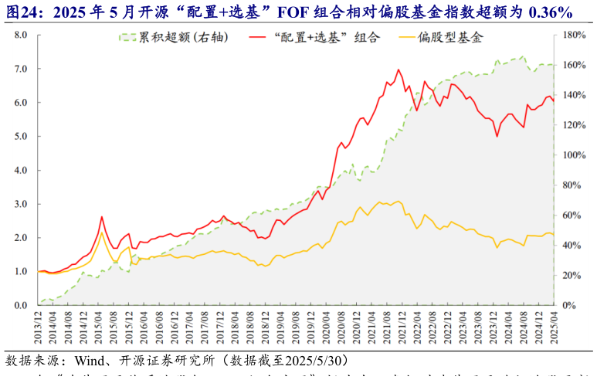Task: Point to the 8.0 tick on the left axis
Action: tap(21, 35)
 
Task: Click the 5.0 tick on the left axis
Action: tap(21, 136)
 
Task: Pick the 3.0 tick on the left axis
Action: tap(21, 204)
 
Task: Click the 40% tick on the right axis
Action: tap(572, 245)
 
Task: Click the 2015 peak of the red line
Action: tap(101, 217)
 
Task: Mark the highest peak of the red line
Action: tap(399, 70)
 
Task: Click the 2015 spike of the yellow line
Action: tap(101, 232)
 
